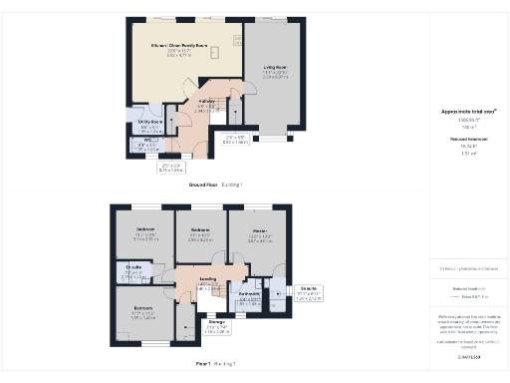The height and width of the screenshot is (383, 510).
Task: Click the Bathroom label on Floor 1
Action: (249, 294)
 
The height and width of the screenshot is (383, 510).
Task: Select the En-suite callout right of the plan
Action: (310, 289)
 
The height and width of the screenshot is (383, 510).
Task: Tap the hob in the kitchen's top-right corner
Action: (238, 39)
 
